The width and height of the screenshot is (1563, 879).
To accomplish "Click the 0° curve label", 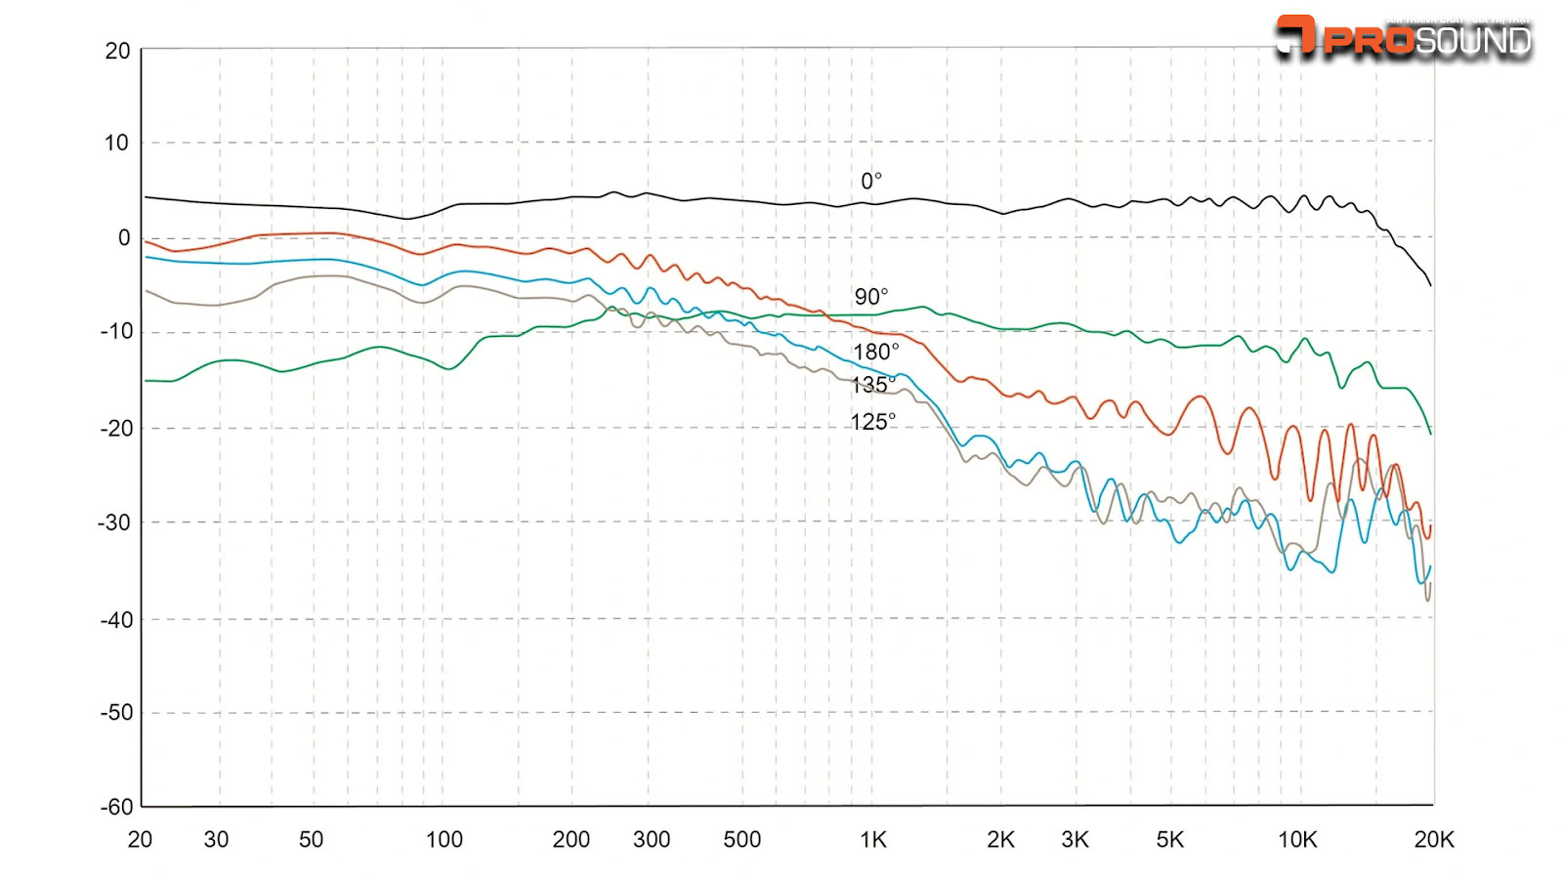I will click(x=871, y=181).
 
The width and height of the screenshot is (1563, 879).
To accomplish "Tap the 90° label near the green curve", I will click(x=871, y=297).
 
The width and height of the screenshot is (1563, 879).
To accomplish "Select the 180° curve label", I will click(x=875, y=352).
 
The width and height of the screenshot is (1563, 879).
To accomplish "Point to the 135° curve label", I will click(x=872, y=385).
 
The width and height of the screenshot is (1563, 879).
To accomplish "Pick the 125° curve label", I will click(x=872, y=422).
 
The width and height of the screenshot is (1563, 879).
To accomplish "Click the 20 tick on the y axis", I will click(x=117, y=51).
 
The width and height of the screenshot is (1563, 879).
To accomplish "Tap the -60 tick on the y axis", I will click(x=116, y=807).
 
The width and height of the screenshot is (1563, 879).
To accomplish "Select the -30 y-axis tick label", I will click(x=114, y=523).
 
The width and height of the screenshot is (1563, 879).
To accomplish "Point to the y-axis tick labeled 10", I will click(x=116, y=144).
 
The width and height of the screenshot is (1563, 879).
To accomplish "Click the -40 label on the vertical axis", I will click(x=116, y=620).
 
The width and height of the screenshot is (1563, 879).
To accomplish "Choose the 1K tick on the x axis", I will click(x=873, y=840).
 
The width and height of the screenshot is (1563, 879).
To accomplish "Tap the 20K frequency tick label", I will click(x=1434, y=840).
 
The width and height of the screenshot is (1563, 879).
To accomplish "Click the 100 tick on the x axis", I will click(x=444, y=840).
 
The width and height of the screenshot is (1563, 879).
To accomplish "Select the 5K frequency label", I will click(x=1170, y=840).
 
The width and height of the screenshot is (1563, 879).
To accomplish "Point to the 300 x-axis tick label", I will click(x=652, y=840).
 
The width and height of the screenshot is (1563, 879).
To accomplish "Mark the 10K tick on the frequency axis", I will click(x=1297, y=840).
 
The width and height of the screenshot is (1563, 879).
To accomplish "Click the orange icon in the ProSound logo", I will click(x=1296, y=35).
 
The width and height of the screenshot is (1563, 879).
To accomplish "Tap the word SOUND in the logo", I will click(x=1473, y=41).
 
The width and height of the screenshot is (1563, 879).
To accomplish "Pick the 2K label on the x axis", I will click(x=1000, y=840).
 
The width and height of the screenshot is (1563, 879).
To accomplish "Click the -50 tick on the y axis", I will click(x=116, y=713).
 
